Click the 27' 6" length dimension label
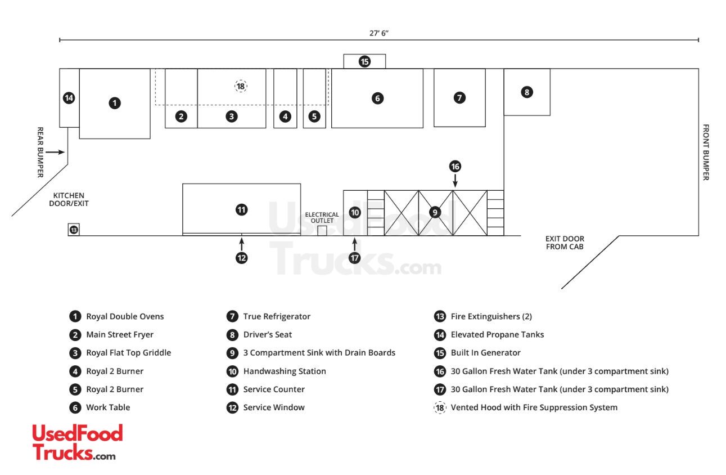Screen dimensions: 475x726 point(379,33)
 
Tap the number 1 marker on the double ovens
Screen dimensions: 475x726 point(115,103)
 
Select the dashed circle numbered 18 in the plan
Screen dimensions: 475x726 point(241,86)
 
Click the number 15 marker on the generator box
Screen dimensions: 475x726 point(365,61)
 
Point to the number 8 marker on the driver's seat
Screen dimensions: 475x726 point(526,92)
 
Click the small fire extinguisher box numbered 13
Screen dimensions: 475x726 point(74,230)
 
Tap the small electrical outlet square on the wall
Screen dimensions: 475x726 point(322,231)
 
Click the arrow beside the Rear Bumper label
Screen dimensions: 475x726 point(56,152)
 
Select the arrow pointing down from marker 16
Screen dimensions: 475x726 point(456,180)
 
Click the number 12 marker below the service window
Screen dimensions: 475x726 point(241,258)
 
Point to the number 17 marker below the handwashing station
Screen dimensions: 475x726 point(354,258)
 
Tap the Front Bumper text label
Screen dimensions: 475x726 point(706,152)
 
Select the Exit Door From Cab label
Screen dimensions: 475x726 point(565,243)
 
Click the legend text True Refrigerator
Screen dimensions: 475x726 point(277,316)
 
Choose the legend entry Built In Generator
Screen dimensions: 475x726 point(485,353)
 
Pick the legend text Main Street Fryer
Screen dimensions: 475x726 point(120,335)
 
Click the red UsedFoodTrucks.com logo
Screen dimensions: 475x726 point(77,442)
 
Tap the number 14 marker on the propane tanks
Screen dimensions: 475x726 point(69,98)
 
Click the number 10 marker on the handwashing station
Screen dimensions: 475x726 point(355,213)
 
